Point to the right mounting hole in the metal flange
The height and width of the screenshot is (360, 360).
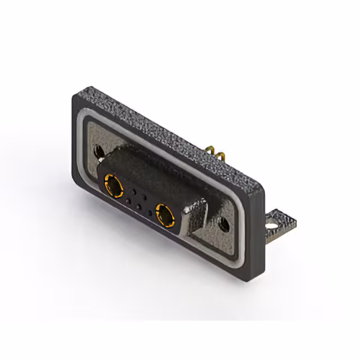(x=224, y=224)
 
